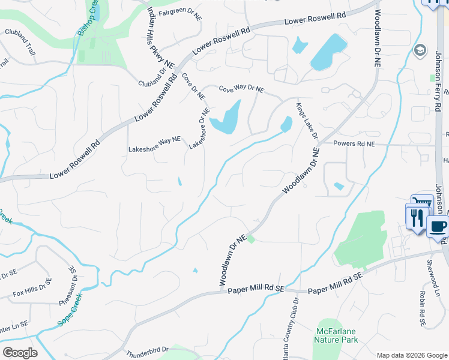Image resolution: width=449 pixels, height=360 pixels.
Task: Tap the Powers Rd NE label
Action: (354, 144)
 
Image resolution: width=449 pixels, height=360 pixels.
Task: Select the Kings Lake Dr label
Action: (305, 121)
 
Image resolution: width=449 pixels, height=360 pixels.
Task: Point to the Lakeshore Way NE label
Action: (154, 145)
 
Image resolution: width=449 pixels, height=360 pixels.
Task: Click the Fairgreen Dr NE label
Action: (179, 13)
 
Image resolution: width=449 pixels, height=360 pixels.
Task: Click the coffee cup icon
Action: (438, 227)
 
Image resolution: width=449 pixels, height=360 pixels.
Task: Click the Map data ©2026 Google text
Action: (411, 355)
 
